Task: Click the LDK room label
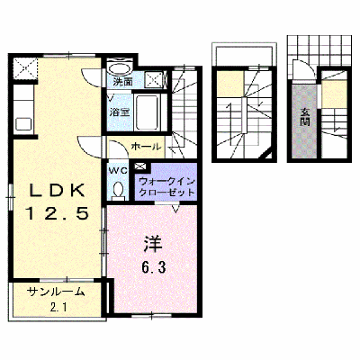click(57, 190)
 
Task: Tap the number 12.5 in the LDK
click(58, 213)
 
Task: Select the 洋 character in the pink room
click(153, 244)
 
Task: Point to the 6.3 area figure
click(153, 267)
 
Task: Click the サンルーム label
click(55, 292)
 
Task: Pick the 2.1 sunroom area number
click(58, 307)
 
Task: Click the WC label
click(118, 171)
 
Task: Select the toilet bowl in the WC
click(118, 190)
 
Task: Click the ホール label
click(146, 147)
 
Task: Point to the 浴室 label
click(119, 112)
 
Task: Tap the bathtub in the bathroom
click(148, 112)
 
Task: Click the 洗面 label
click(122, 81)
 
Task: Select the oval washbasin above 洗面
click(120, 69)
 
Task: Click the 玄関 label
click(305, 117)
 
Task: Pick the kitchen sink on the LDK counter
click(24, 124)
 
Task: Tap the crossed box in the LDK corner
click(25, 67)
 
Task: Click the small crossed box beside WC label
click(139, 165)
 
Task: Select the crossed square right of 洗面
click(154, 79)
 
